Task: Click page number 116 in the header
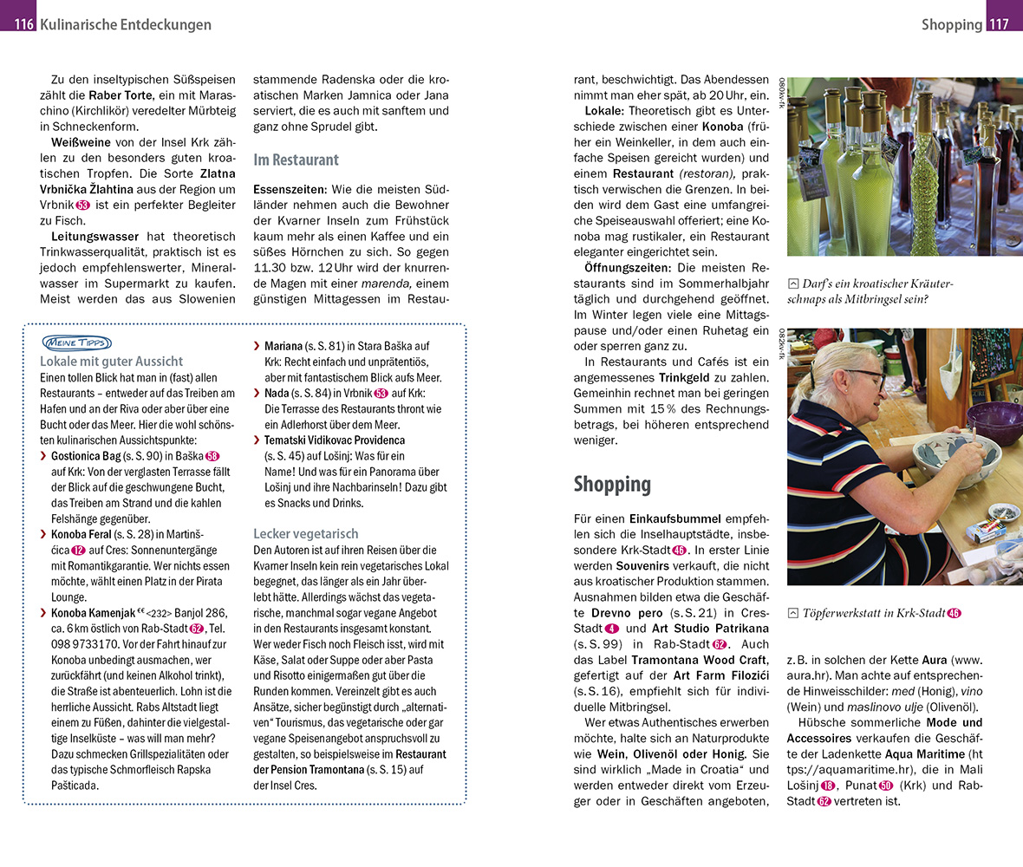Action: point(23,24)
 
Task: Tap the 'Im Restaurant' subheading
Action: point(296,160)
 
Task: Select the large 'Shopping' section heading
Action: point(612,484)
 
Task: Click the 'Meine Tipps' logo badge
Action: point(76,342)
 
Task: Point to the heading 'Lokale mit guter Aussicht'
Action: point(111,362)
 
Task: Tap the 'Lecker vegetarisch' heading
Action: point(305,534)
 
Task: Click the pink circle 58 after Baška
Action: point(212,456)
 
